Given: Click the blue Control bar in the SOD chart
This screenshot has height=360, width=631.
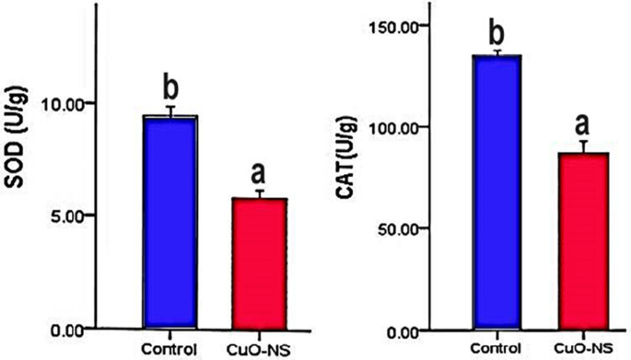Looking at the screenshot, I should coord(170,221).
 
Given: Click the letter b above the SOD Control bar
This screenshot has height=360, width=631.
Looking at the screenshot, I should coord(170,87).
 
